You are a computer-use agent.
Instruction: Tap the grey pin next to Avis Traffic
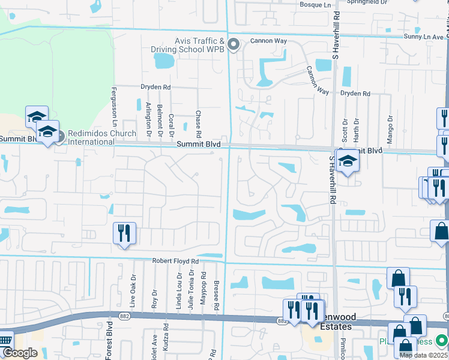click(234, 45)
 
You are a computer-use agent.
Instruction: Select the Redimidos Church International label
click(91, 137)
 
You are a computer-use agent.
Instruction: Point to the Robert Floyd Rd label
click(175, 262)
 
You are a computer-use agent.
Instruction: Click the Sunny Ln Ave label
click(423, 37)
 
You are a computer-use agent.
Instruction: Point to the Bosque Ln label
click(315, 4)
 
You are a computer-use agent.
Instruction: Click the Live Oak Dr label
click(134, 291)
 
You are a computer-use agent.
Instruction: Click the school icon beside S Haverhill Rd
click(348, 161)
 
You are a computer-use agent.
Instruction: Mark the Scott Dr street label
click(345, 130)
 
